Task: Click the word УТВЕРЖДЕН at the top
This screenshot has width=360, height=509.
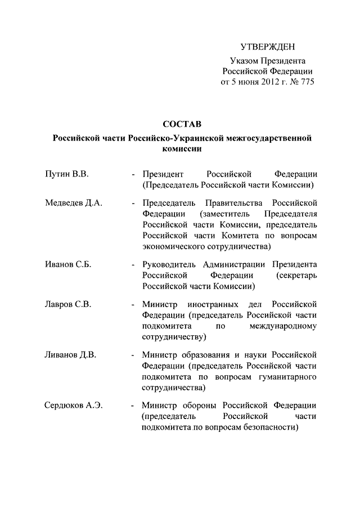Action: coord(267,46)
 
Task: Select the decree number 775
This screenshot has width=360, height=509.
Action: coord(306,82)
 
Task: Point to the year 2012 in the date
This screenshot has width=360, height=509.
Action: coord(271,82)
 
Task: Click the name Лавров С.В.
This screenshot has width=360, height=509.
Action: coord(67,305)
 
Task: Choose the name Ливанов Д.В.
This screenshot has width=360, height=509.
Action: coord(71,355)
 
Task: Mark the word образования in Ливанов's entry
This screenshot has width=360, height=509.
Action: coord(202,355)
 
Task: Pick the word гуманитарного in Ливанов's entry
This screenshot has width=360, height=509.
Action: coord(290,376)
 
